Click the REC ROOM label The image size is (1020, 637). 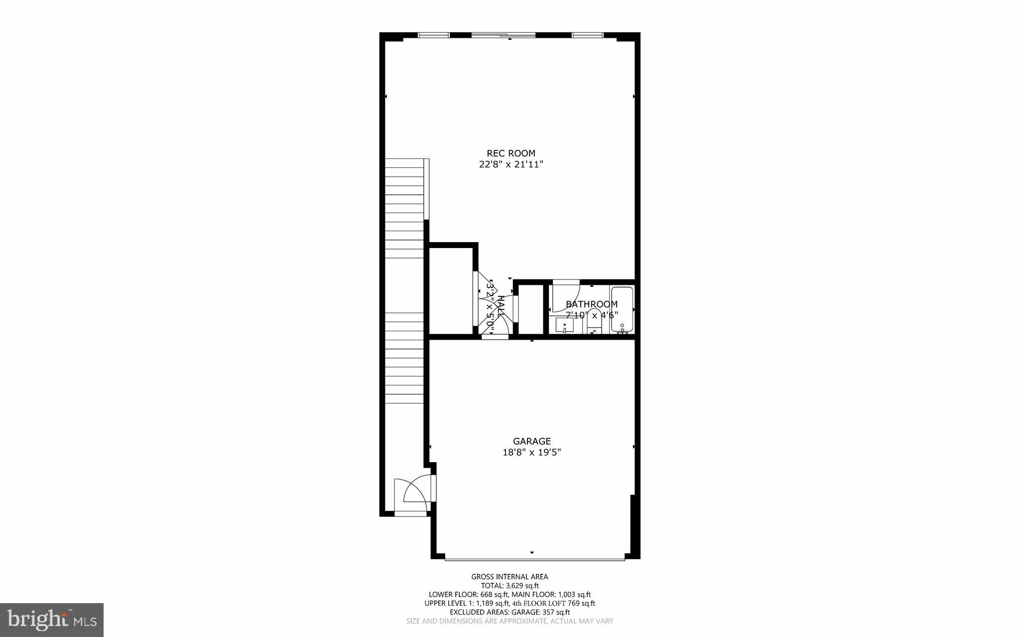coord(510,153)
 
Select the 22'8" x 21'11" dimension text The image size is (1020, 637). coord(510,164)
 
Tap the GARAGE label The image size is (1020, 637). coord(532,441)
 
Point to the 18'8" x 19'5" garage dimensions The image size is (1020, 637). coord(532,452)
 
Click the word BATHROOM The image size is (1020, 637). coord(592,304)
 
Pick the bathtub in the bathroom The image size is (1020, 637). coord(622,309)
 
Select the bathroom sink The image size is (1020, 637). coord(565,326)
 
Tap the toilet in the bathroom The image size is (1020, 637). coord(594,321)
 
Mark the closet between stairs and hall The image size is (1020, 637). coord(451,291)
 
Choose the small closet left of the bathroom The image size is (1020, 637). coord(530,309)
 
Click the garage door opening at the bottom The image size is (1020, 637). coord(534,559)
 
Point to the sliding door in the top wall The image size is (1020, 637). coord(503,35)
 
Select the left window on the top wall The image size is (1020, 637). coord(433,35)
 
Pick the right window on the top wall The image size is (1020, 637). coord(587,35)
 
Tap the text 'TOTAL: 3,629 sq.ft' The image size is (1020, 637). coord(510,586)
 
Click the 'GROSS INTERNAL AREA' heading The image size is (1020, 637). coord(510,577)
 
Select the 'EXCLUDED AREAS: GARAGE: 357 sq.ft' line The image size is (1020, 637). coord(510,612)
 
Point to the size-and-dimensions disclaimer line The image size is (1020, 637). coord(510,621)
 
